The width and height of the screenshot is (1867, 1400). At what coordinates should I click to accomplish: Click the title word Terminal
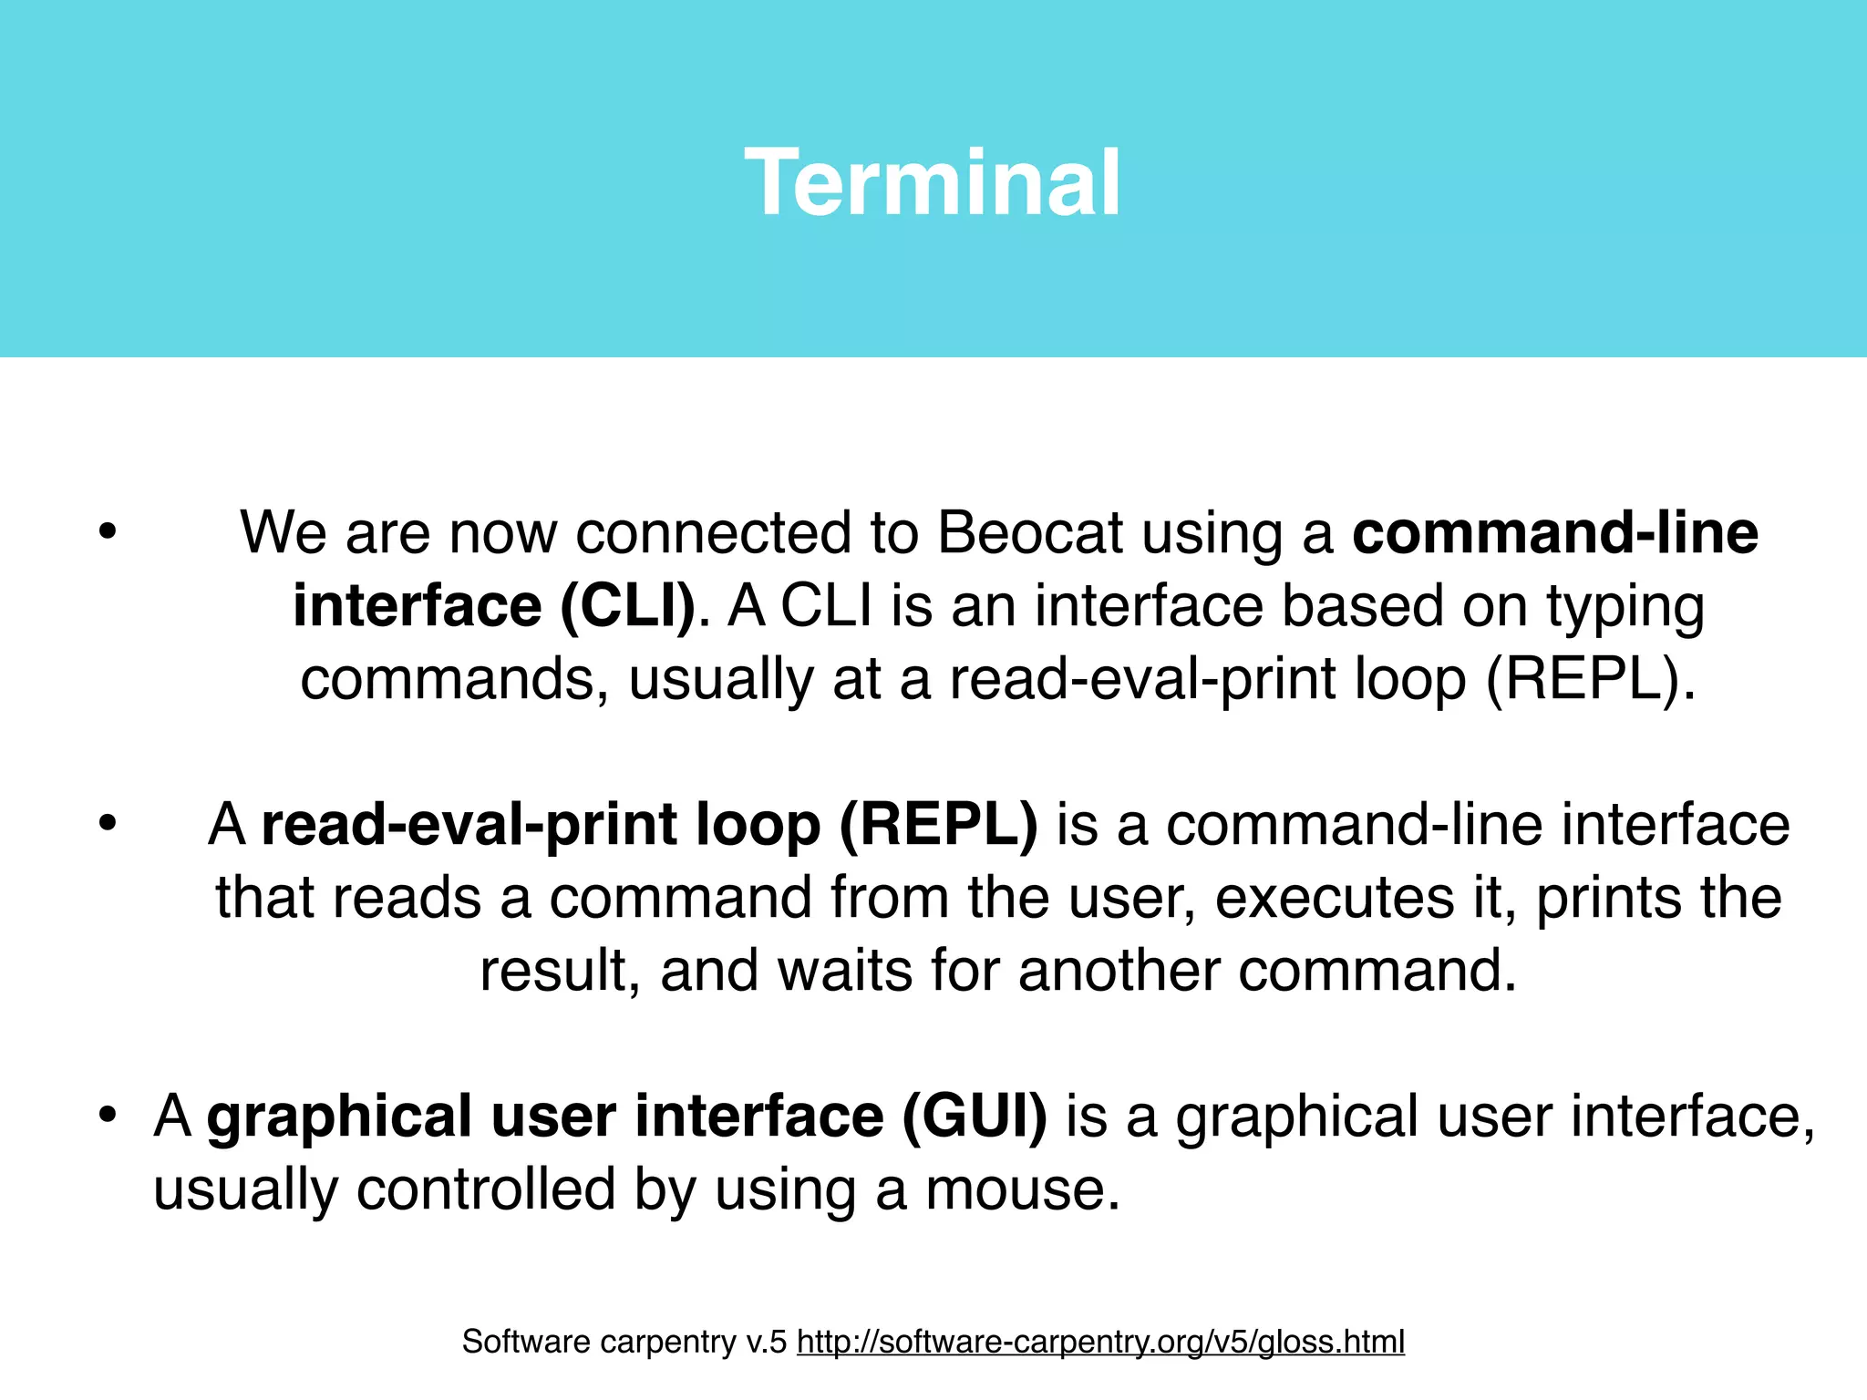(x=932, y=184)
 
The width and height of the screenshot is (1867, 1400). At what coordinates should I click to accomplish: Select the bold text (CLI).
(x=627, y=606)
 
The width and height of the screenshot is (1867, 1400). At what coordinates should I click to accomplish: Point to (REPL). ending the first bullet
(x=1591, y=680)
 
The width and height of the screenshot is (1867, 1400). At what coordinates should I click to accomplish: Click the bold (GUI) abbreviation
(x=975, y=1117)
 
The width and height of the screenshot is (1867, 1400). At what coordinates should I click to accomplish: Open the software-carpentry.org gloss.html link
(x=1099, y=1342)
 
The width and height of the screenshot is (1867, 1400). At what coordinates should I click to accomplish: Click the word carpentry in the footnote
(x=665, y=1343)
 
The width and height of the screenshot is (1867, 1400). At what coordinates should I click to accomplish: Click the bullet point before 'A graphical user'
(x=108, y=1116)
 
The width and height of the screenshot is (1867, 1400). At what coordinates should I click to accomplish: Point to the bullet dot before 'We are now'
(x=108, y=532)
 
